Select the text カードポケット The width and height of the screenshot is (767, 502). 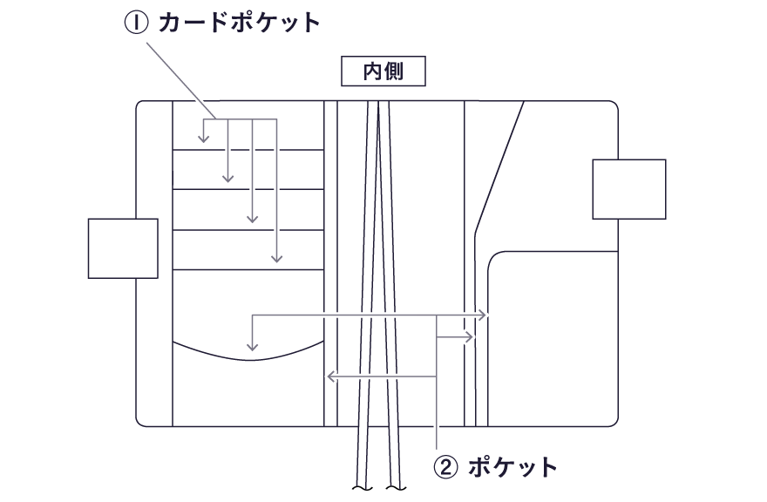pyautogui.click(x=238, y=23)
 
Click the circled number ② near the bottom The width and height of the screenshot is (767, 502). pyautogui.click(x=445, y=467)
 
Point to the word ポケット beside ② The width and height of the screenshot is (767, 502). pyautogui.click(x=512, y=467)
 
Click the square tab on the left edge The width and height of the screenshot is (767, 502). pyautogui.click(x=123, y=248)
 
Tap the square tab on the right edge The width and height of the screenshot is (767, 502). pyautogui.click(x=629, y=189)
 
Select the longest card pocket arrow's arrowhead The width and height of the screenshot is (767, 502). pyautogui.click(x=276, y=259)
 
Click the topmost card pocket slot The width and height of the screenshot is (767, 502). pyautogui.click(x=248, y=136)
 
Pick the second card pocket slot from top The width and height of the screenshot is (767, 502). pyautogui.click(x=248, y=170)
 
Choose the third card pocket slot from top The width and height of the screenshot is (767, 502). pyautogui.click(x=248, y=210)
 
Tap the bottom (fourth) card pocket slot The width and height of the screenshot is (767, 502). pyautogui.click(x=248, y=250)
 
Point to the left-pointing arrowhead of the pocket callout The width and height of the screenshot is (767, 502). pyautogui.click(x=329, y=376)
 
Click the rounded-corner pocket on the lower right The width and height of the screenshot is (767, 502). pyautogui.click(x=549, y=340)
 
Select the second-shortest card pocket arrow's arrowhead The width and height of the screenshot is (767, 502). pyautogui.click(x=227, y=180)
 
